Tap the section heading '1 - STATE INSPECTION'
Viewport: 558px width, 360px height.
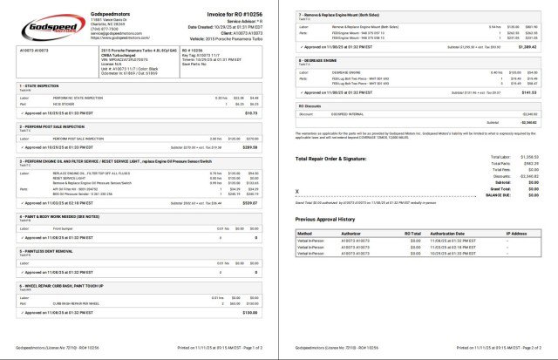(x=38, y=85)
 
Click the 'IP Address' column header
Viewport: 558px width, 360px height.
(x=517, y=234)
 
